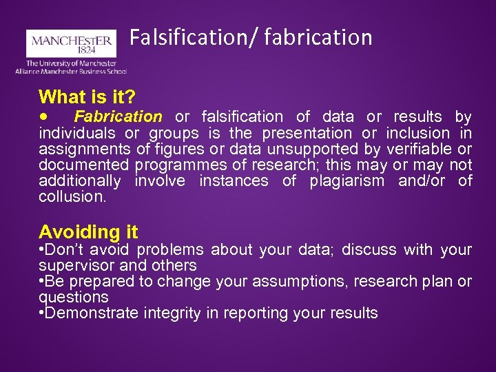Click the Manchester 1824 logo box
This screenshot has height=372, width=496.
click(x=71, y=43)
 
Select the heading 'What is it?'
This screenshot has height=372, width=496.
click(x=87, y=96)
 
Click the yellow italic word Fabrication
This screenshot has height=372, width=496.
click(x=118, y=116)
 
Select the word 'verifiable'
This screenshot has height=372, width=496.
click(x=419, y=149)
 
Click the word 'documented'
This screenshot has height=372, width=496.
click(x=83, y=165)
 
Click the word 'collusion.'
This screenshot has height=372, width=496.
click(x=72, y=196)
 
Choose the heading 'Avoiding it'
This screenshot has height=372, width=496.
click(x=88, y=231)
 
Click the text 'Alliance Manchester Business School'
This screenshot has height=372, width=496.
click(x=71, y=71)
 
